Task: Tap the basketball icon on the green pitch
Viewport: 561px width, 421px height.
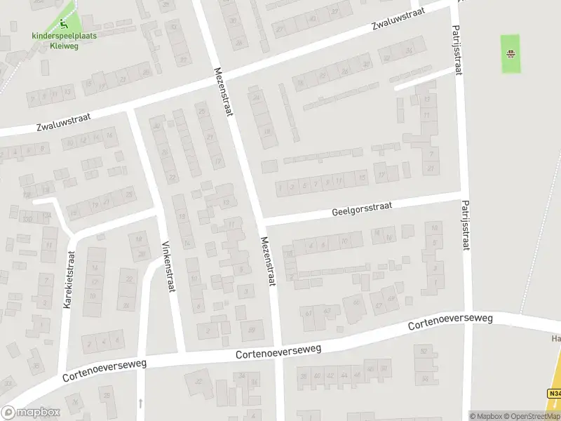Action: (x=511, y=53)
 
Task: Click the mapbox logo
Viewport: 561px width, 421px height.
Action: (x=31, y=412)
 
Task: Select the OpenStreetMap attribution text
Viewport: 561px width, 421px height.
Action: (x=532, y=416)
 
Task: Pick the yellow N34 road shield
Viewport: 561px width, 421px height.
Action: (x=555, y=394)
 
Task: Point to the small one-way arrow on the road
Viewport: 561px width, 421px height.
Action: (x=141, y=403)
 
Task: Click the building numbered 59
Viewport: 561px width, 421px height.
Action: (x=251, y=330)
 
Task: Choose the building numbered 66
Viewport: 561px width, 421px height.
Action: (x=356, y=303)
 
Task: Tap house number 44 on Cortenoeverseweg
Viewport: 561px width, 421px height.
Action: (x=344, y=376)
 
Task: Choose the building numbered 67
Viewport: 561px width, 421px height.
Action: (x=379, y=306)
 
